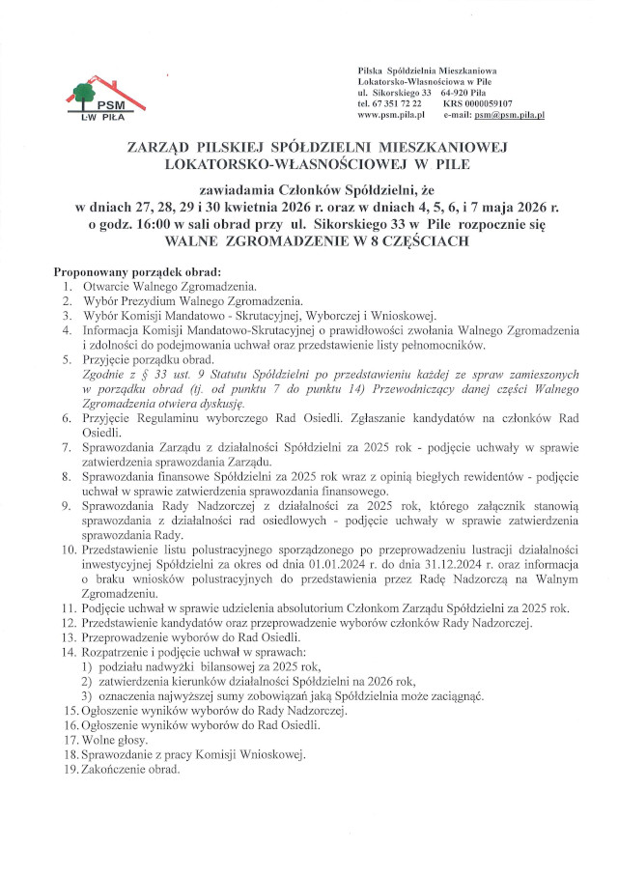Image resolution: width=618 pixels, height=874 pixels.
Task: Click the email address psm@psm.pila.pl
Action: (510, 114)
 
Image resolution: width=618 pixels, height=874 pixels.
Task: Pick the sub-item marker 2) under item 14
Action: (86, 678)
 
